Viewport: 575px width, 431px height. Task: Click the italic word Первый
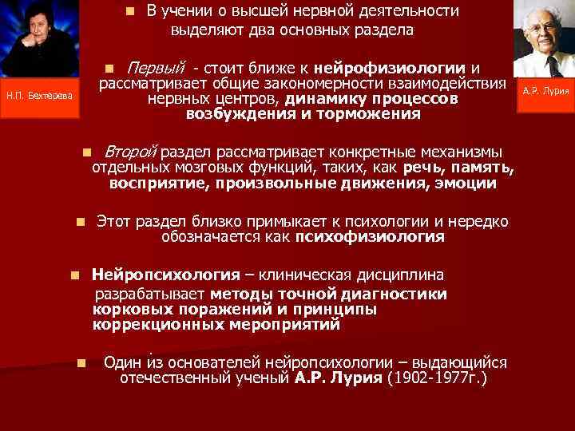[x=157, y=67]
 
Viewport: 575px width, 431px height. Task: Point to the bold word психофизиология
[x=370, y=237]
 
